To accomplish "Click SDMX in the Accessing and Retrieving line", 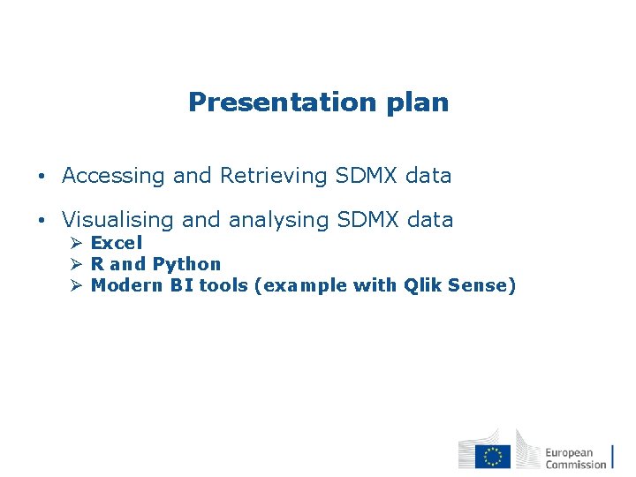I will (x=367, y=176).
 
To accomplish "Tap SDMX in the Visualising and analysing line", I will (x=368, y=220).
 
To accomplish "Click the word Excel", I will (x=117, y=243).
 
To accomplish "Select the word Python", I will (x=186, y=264).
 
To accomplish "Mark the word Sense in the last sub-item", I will (x=481, y=285).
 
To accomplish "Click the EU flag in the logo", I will (x=492, y=456).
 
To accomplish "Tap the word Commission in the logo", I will (x=575, y=464).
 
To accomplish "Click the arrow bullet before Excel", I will (x=76, y=243).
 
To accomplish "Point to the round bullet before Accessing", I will (x=42, y=177).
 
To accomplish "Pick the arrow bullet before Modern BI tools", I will (x=76, y=285).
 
